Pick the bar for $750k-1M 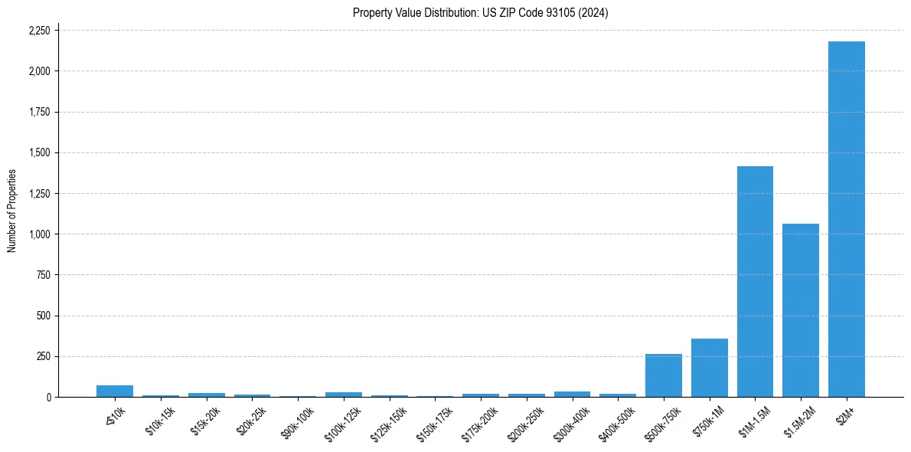709,368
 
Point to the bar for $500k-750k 663,375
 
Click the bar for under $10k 115,391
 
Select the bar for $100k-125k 343,395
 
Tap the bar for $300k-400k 572,395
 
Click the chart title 480,12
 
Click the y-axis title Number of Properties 12,211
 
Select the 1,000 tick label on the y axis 39,234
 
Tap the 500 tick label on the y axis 44,316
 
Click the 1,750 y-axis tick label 39,112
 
